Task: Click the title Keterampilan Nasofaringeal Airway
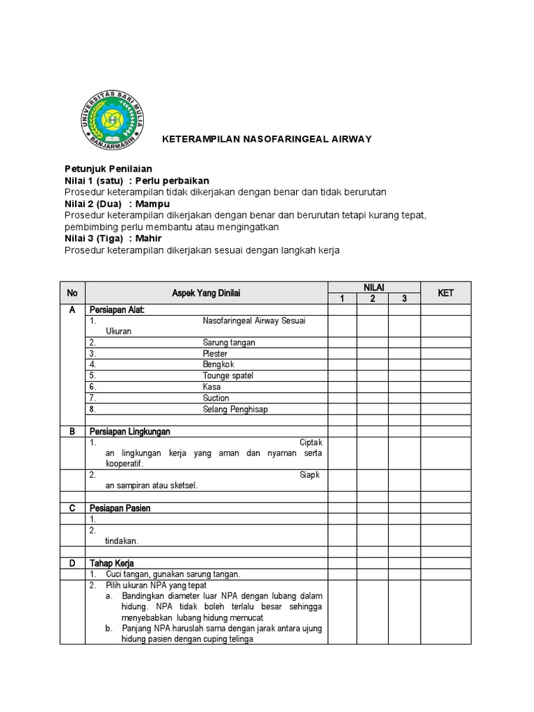266,139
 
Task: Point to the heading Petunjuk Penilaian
108,169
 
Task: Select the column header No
72,293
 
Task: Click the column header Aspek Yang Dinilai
206,293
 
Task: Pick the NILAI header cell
373,287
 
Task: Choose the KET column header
445,293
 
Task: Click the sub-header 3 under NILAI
404,299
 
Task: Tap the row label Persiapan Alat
117,310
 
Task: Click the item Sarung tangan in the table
229,343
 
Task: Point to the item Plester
215,354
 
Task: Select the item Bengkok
218,364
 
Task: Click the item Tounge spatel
228,375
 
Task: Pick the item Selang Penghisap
235,410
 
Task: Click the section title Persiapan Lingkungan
129,432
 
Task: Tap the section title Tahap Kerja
111,563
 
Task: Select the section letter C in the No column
72,508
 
